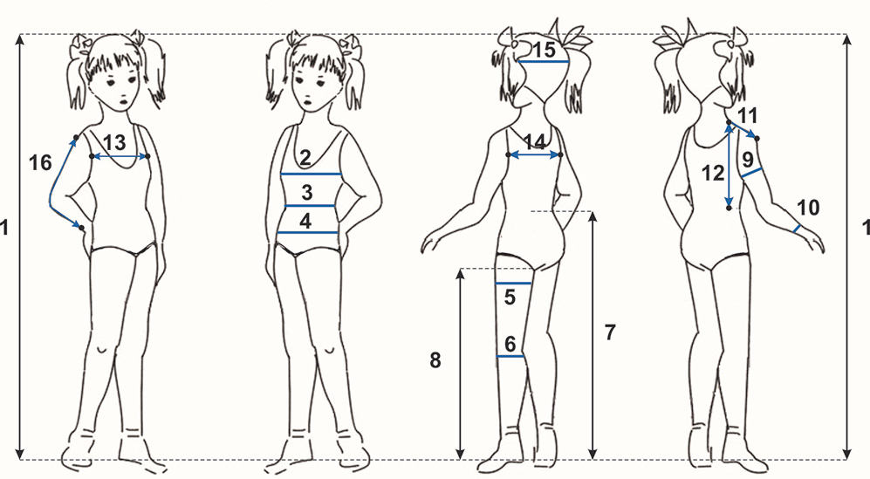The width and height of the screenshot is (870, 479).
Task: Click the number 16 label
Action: [40, 162]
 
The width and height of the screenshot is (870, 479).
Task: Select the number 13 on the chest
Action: [114, 143]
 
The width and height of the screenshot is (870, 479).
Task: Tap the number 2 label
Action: [305, 158]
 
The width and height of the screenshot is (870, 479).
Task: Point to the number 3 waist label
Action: [307, 193]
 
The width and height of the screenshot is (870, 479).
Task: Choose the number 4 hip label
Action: [305, 221]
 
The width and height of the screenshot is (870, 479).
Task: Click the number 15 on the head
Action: [545, 50]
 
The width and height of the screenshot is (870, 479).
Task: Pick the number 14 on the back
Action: [535, 142]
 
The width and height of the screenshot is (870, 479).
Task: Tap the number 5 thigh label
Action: [510, 297]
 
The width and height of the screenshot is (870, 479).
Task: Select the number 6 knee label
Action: [510, 344]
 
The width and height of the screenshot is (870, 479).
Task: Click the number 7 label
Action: [610, 332]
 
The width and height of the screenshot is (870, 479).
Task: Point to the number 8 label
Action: [435, 360]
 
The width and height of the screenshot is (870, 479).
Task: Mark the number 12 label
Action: [713, 174]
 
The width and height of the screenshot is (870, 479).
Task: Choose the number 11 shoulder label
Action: [747, 116]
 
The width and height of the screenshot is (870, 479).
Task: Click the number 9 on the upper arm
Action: [748, 160]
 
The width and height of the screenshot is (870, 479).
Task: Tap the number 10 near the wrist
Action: [808, 208]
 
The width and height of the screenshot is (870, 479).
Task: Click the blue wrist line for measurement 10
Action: [797, 228]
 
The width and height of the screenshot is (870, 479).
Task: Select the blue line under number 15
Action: [545, 62]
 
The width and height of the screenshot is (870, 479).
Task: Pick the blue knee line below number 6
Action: [511, 356]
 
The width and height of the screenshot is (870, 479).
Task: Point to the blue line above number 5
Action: [513, 284]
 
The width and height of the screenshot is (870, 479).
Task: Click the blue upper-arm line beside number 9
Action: [750, 173]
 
